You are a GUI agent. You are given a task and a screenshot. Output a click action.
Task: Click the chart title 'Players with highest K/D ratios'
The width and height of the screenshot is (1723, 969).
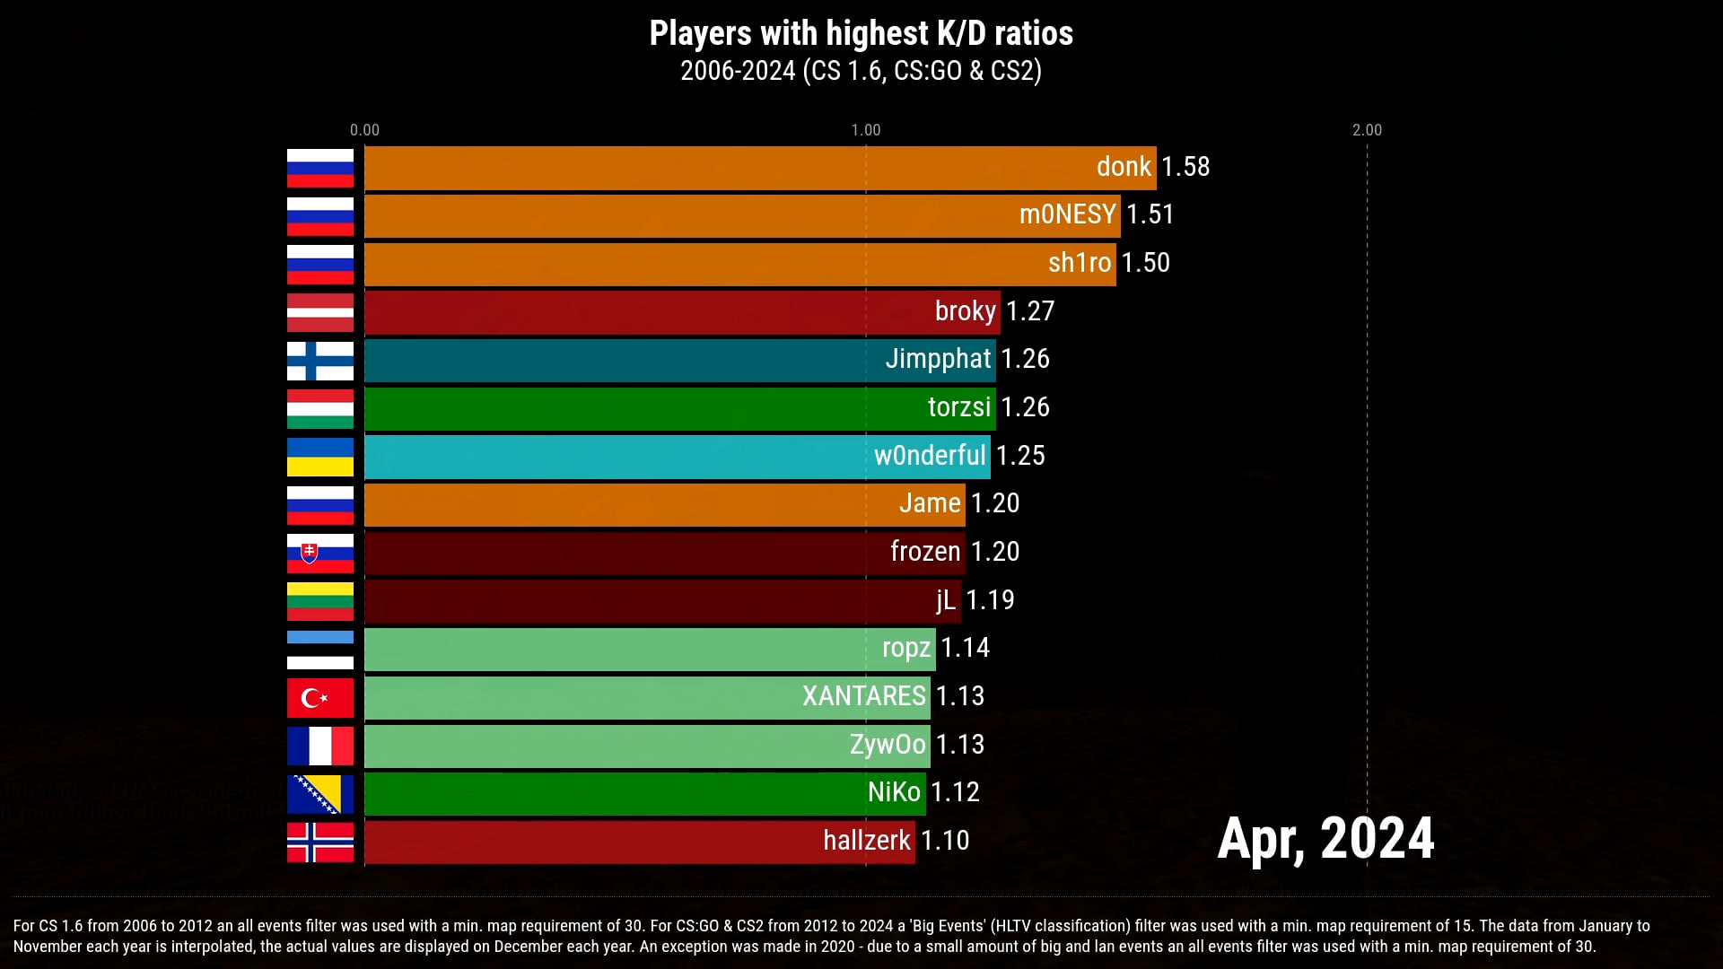tap(861, 33)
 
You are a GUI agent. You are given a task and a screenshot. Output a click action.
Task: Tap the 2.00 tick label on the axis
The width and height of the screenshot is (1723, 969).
tap(1367, 130)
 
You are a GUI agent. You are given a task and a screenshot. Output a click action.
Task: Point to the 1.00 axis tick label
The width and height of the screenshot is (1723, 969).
tap(866, 130)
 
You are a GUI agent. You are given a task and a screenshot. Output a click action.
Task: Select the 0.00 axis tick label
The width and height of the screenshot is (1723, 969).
tap(364, 130)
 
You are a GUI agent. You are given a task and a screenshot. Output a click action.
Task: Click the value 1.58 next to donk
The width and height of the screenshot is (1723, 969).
tap(1185, 167)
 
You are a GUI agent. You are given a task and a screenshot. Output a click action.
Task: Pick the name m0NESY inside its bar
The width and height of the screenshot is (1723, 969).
tap(1067, 214)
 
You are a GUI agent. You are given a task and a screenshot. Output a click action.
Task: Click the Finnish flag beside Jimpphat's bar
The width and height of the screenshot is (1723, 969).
tap(320, 361)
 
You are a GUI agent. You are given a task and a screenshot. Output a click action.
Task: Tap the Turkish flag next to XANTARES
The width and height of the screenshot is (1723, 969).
tap(320, 697)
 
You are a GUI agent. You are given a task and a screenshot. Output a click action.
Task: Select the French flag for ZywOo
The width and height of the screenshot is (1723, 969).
tap(320, 746)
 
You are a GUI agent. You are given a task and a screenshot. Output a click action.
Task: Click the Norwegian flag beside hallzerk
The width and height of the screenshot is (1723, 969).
tap(320, 842)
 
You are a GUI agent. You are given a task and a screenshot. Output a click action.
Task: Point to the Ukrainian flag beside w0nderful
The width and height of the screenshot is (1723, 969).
tap(320, 457)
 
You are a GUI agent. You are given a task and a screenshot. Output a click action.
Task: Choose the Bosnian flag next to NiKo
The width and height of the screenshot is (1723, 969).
tap(320, 794)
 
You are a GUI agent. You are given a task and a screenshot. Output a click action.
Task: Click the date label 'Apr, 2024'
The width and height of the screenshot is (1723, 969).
tap(1325, 838)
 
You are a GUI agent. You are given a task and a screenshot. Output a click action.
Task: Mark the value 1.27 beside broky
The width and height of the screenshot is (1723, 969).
tap(1030, 311)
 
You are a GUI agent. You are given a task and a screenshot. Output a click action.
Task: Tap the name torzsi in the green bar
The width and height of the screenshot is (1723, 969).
tap(959, 407)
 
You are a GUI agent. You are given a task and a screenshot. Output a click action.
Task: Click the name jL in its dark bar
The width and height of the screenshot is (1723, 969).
tap(946, 599)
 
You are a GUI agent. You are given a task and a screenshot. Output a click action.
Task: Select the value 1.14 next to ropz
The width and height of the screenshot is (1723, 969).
tap(965, 648)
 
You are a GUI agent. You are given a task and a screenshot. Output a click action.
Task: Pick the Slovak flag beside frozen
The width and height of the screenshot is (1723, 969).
tap(320, 553)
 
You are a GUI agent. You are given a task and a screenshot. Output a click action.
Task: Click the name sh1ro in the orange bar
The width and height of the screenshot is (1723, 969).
tap(1080, 263)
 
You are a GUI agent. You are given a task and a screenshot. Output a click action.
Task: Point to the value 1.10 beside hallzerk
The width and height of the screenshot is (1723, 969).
tap(945, 841)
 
